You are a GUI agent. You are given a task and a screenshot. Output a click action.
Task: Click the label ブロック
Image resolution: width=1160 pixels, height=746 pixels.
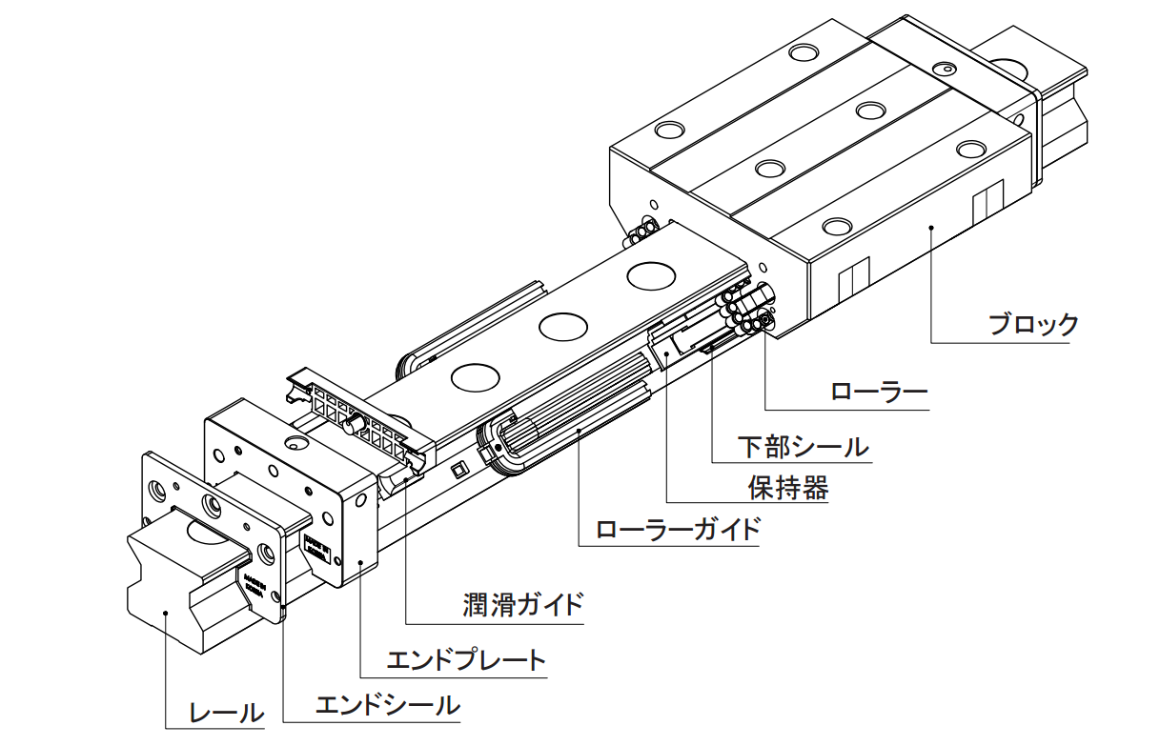[x=1033, y=325]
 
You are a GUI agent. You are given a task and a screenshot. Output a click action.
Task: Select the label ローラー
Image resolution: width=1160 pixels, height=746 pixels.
[x=879, y=392]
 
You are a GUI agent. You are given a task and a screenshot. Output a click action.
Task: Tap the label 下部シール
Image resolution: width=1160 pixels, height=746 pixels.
[x=804, y=446]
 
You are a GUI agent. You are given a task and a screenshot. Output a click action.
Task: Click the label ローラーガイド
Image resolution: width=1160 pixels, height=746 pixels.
[x=678, y=529]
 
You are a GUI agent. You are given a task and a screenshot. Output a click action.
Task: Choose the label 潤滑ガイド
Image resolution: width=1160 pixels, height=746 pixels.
[x=522, y=605]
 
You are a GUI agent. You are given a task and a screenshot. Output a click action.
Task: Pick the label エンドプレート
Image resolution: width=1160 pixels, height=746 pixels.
[x=466, y=659]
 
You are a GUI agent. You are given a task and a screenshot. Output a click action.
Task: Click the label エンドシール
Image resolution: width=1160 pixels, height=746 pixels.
[x=387, y=706]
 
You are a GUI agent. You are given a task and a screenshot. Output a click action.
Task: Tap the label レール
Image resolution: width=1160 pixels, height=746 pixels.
[x=226, y=711]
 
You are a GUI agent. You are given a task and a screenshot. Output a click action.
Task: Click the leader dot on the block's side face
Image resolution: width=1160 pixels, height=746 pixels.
[x=931, y=227]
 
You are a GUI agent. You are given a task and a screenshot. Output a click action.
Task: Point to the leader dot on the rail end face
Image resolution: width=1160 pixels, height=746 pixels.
[x=166, y=613]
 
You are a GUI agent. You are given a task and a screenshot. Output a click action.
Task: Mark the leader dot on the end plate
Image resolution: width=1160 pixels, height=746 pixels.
[x=359, y=563]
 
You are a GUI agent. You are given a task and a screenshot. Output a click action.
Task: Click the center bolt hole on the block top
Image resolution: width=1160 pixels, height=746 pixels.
[x=768, y=169]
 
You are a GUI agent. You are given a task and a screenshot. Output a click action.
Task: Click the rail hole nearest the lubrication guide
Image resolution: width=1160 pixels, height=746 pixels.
[x=475, y=376]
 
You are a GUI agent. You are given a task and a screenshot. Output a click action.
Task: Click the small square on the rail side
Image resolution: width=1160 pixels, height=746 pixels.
[x=458, y=469]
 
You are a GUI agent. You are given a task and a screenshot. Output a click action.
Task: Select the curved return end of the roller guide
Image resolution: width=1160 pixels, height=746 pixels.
[x=497, y=446]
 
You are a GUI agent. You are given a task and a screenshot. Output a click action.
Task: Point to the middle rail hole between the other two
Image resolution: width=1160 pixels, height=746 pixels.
[x=562, y=326]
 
